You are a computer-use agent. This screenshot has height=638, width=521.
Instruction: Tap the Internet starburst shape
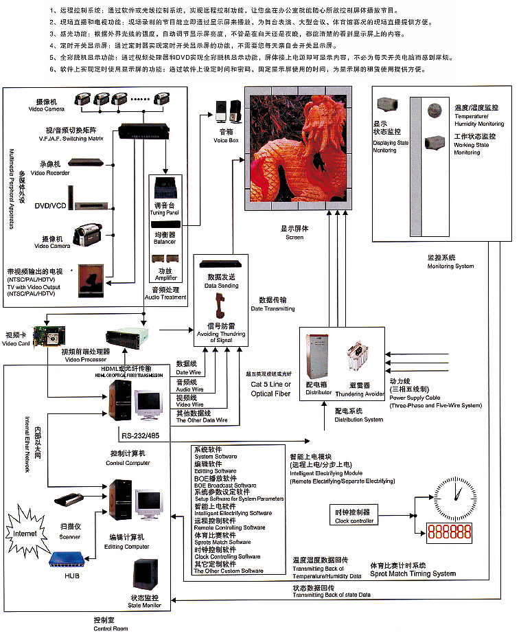tap(25, 532)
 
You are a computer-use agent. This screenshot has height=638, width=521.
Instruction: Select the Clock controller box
tap(354, 515)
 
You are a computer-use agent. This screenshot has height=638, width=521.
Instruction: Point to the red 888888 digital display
tap(450, 531)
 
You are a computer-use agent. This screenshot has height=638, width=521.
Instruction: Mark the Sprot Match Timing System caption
tap(413, 573)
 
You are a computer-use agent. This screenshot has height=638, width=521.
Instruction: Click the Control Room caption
tap(111, 624)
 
